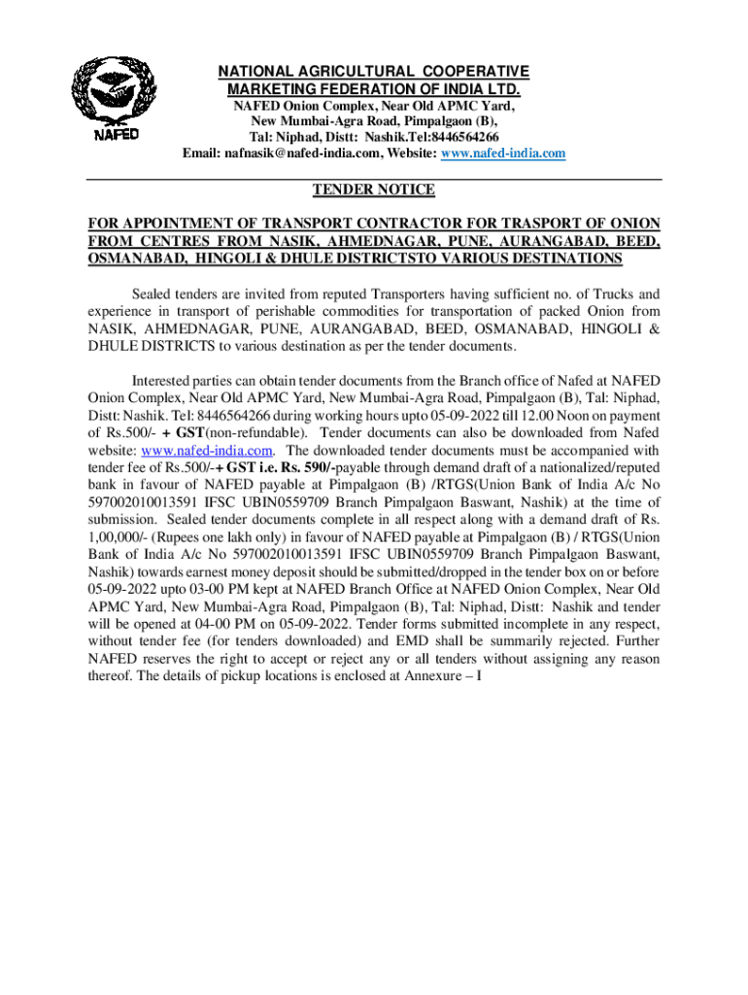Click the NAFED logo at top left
coord(116,96)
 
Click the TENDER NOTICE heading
coord(373,189)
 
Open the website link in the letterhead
coord(503,154)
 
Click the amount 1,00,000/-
coord(118,537)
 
